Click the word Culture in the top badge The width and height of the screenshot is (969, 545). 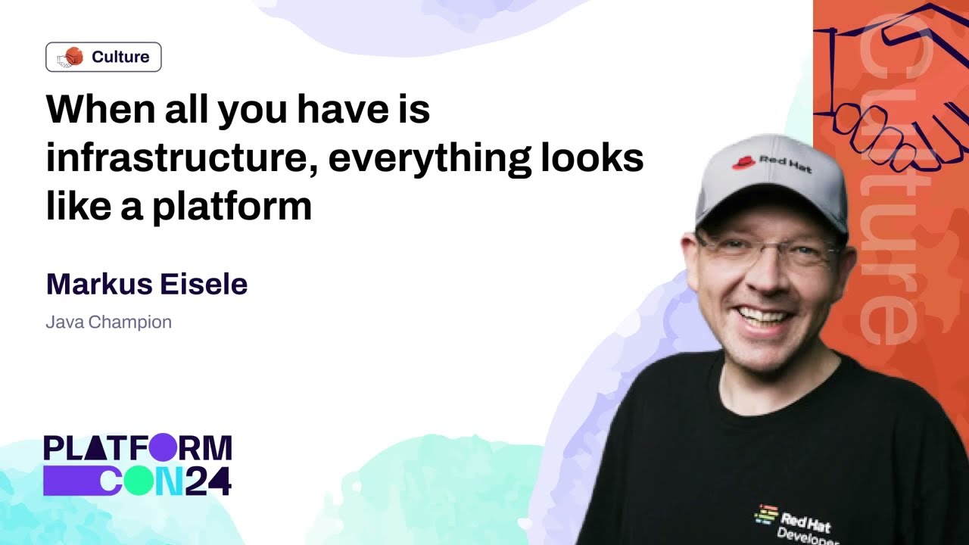coord(120,57)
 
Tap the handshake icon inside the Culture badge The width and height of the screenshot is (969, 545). coord(70,57)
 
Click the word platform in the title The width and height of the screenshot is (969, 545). coord(232,207)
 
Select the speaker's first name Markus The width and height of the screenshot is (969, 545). coord(99,284)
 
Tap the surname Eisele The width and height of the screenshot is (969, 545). coord(204,284)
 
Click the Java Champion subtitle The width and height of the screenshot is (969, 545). coord(108,322)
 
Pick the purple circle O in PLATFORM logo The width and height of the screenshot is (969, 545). coord(164,447)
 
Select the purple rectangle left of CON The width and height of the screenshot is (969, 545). coord(72,481)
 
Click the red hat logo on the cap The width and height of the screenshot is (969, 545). coord(743,163)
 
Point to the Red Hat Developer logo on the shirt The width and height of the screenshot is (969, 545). coord(796,525)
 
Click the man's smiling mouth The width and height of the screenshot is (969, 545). coord(762,319)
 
